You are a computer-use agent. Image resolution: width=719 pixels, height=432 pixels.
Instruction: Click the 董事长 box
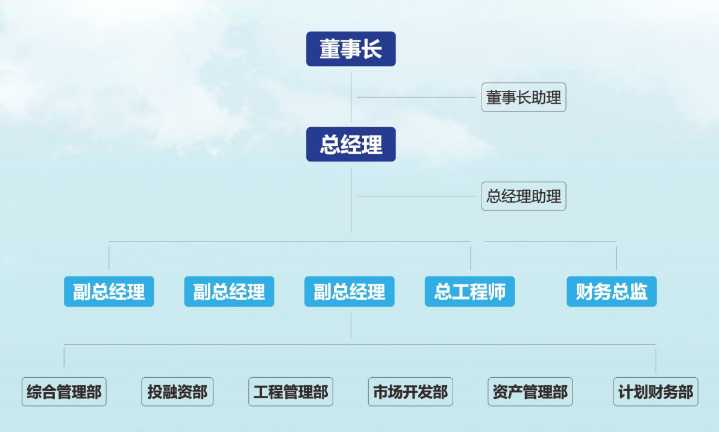[x=351, y=49]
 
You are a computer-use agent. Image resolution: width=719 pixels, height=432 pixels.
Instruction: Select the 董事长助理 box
[x=524, y=97]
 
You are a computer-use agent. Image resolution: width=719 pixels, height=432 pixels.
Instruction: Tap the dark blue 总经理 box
[x=351, y=145]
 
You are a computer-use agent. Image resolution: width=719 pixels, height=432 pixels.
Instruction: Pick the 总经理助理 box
[x=524, y=196]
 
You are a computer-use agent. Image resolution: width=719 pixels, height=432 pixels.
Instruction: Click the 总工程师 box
[x=469, y=291]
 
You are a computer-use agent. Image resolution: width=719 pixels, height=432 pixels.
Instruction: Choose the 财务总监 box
[x=612, y=291]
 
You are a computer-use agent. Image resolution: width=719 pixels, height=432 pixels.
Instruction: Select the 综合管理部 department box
[x=64, y=392]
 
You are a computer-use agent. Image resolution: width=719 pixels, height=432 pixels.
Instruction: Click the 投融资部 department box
[x=177, y=392]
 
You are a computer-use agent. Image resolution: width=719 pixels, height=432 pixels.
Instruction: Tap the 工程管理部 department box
[x=290, y=392]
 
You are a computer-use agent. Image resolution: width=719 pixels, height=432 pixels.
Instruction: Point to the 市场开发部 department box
[x=410, y=392]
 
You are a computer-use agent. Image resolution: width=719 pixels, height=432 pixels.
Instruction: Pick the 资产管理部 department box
[x=530, y=392]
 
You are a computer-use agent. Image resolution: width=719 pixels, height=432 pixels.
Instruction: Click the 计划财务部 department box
[x=656, y=392]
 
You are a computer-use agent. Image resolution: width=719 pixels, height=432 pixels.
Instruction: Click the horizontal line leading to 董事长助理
[x=416, y=97]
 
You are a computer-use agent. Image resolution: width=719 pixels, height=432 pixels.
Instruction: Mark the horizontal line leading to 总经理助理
[x=416, y=196]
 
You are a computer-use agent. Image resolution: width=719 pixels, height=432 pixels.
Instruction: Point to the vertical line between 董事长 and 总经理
[x=351, y=97]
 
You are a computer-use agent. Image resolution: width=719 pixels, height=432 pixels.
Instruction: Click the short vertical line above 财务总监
[x=617, y=258]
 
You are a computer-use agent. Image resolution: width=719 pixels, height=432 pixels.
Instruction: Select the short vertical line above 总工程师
[x=471, y=258]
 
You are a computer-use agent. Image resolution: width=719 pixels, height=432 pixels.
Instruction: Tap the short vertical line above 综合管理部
[x=64, y=357]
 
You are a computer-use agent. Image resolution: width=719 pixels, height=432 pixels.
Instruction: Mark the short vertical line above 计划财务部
[x=656, y=361]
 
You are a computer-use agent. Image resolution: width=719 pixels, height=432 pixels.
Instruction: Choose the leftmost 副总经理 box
[x=109, y=291]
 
